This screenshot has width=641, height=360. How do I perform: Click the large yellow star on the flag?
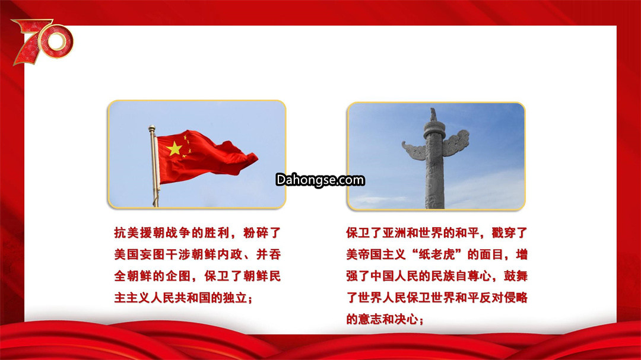(x=174, y=149)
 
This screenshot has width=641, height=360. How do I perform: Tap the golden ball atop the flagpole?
(x=152, y=128)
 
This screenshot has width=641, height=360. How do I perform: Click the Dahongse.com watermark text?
(x=320, y=180)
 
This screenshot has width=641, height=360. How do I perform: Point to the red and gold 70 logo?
(x=43, y=42)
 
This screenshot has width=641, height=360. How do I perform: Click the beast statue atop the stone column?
(x=433, y=115)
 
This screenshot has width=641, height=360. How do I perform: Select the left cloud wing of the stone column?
(x=414, y=151)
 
